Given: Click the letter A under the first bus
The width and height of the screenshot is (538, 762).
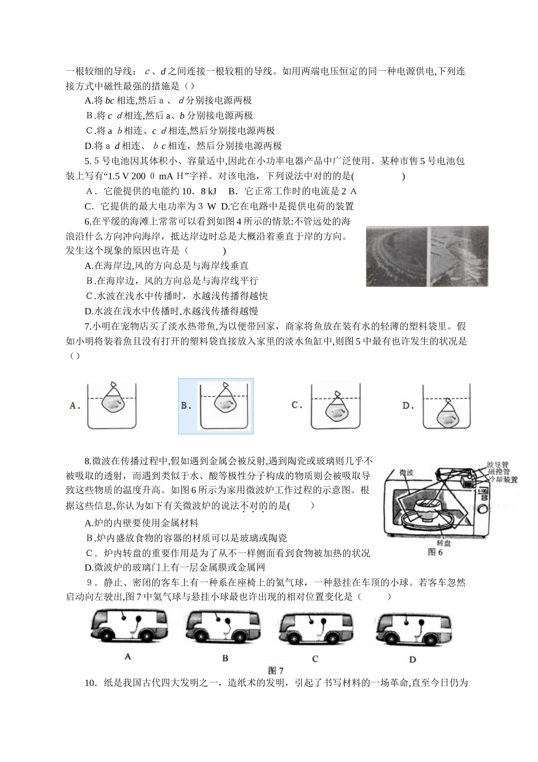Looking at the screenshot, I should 127,657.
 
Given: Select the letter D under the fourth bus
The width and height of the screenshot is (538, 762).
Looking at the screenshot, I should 412,659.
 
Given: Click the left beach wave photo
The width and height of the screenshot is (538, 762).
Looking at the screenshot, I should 396,256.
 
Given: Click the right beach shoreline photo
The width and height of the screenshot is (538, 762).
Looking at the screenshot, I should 459,256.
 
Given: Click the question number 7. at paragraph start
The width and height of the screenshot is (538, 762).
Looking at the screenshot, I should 88,326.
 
